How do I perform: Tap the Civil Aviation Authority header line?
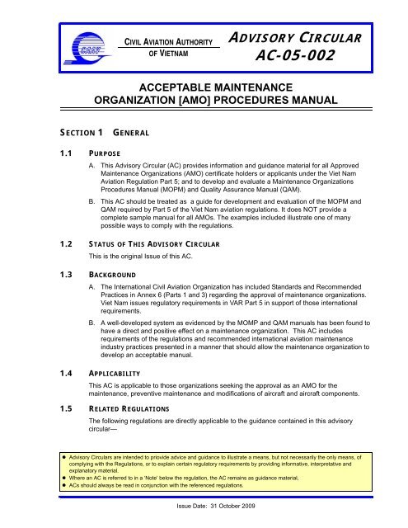click(169, 40)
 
